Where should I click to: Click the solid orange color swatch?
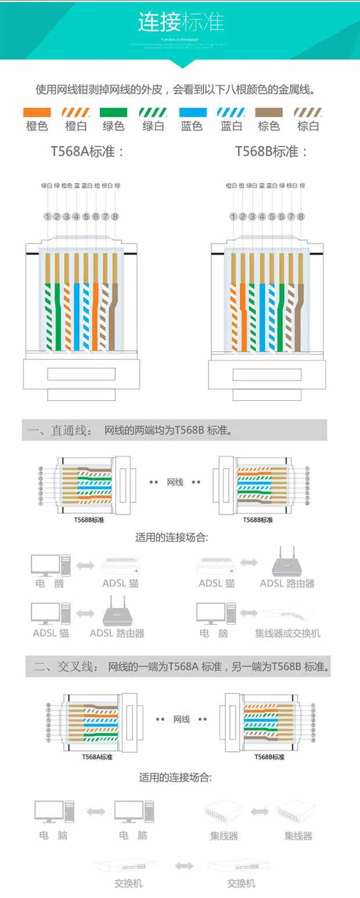tap(37, 113)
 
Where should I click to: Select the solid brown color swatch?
tap(269, 113)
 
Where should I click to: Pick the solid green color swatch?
tap(114, 113)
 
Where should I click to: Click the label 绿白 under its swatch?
tap(153, 126)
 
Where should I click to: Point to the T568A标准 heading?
tap(88, 152)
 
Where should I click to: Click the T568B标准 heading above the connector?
tap(271, 152)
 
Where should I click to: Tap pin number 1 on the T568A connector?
tap(47, 217)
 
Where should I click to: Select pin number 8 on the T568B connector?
tap(301, 217)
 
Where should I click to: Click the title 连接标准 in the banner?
tap(181, 22)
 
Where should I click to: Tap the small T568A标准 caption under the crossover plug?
tap(97, 757)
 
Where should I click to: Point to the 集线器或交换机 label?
tap(287, 633)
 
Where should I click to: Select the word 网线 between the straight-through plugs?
tap(175, 482)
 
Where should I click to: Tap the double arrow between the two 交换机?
tap(184, 866)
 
